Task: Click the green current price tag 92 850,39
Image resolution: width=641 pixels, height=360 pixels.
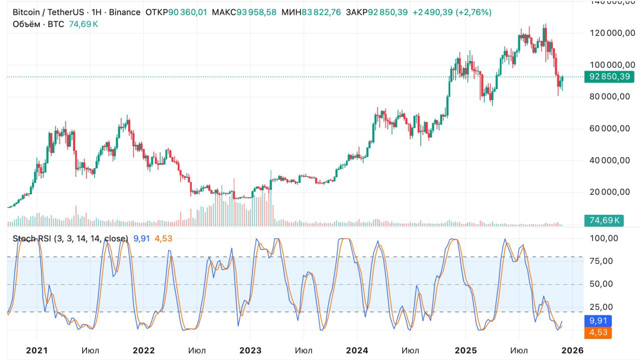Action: tap(609, 77)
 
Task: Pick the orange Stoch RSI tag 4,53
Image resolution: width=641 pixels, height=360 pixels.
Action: tap(598, 332)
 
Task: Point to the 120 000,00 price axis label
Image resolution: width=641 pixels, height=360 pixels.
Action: tap(609, 33)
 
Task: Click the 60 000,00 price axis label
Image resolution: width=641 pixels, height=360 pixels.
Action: tap(609, 129)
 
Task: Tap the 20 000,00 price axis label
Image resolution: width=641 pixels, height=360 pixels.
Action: tap(609, 192)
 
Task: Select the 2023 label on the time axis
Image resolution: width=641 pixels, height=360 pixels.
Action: tap(250, 350)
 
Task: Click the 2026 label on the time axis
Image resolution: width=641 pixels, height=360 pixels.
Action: tap(572, 350)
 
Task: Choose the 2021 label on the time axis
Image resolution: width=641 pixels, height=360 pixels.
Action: tap(36, 350)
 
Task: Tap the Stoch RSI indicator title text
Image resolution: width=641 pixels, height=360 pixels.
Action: tap(70, 239)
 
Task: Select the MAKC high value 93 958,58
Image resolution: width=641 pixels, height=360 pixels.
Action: tap(257, 12)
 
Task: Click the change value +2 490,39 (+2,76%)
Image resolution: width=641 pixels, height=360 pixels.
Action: tap(452, 12)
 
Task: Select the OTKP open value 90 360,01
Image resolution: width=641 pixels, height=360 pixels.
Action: tap(187, 12)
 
